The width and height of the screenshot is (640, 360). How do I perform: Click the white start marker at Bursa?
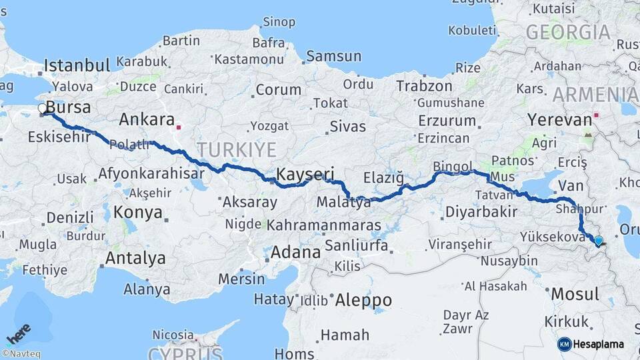[43, 108]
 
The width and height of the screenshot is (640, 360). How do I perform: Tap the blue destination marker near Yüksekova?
[598, 241]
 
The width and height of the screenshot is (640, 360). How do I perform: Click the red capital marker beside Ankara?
[179, 126]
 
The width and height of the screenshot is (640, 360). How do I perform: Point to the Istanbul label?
[77, 65]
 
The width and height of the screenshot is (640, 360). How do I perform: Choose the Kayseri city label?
[305, 175]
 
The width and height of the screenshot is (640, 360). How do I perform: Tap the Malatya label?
[343, 202]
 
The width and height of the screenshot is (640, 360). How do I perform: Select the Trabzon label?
[424, 86]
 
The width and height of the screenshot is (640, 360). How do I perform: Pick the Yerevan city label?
[559, 120]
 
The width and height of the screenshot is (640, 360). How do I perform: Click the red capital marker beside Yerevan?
[597, 114]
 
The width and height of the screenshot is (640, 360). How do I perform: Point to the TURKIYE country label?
[227, 149]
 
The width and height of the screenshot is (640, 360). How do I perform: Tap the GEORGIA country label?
[567, 32]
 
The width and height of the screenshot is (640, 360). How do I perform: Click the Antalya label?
[136, 258]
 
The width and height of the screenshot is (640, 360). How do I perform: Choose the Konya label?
[139, 213]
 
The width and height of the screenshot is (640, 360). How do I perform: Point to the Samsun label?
[333, 57]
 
